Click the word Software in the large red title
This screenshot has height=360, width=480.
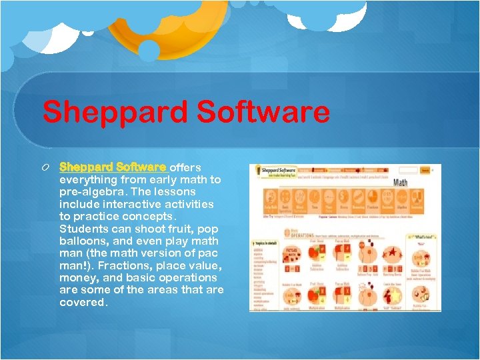tap(261, 112)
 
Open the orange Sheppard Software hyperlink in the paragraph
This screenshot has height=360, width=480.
tap(113, 167)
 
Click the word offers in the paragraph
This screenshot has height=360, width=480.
tap(185, 167)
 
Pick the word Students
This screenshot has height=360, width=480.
tap(85, 229)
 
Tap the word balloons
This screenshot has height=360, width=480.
tap(85, 241)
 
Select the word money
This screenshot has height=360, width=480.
tap(80, 277)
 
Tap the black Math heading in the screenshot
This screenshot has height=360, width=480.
tap(401, 182)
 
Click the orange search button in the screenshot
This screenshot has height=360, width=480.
tap(425, 171)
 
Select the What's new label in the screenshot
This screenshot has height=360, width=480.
tap(424, 237)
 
